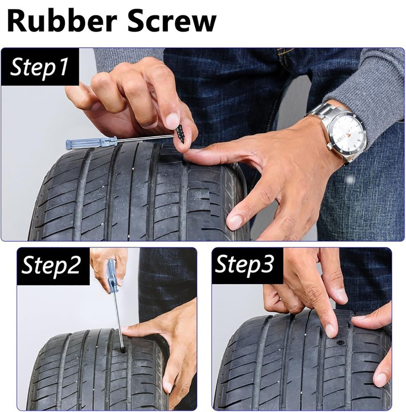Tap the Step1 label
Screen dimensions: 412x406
(x=39, y=67)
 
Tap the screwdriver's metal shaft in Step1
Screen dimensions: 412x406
(x=142, y=138)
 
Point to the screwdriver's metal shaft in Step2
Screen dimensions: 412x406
(x=117, y=316)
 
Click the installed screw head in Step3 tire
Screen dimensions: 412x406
(x=341, y=343)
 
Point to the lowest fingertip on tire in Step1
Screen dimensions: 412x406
(x=235, y=222)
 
